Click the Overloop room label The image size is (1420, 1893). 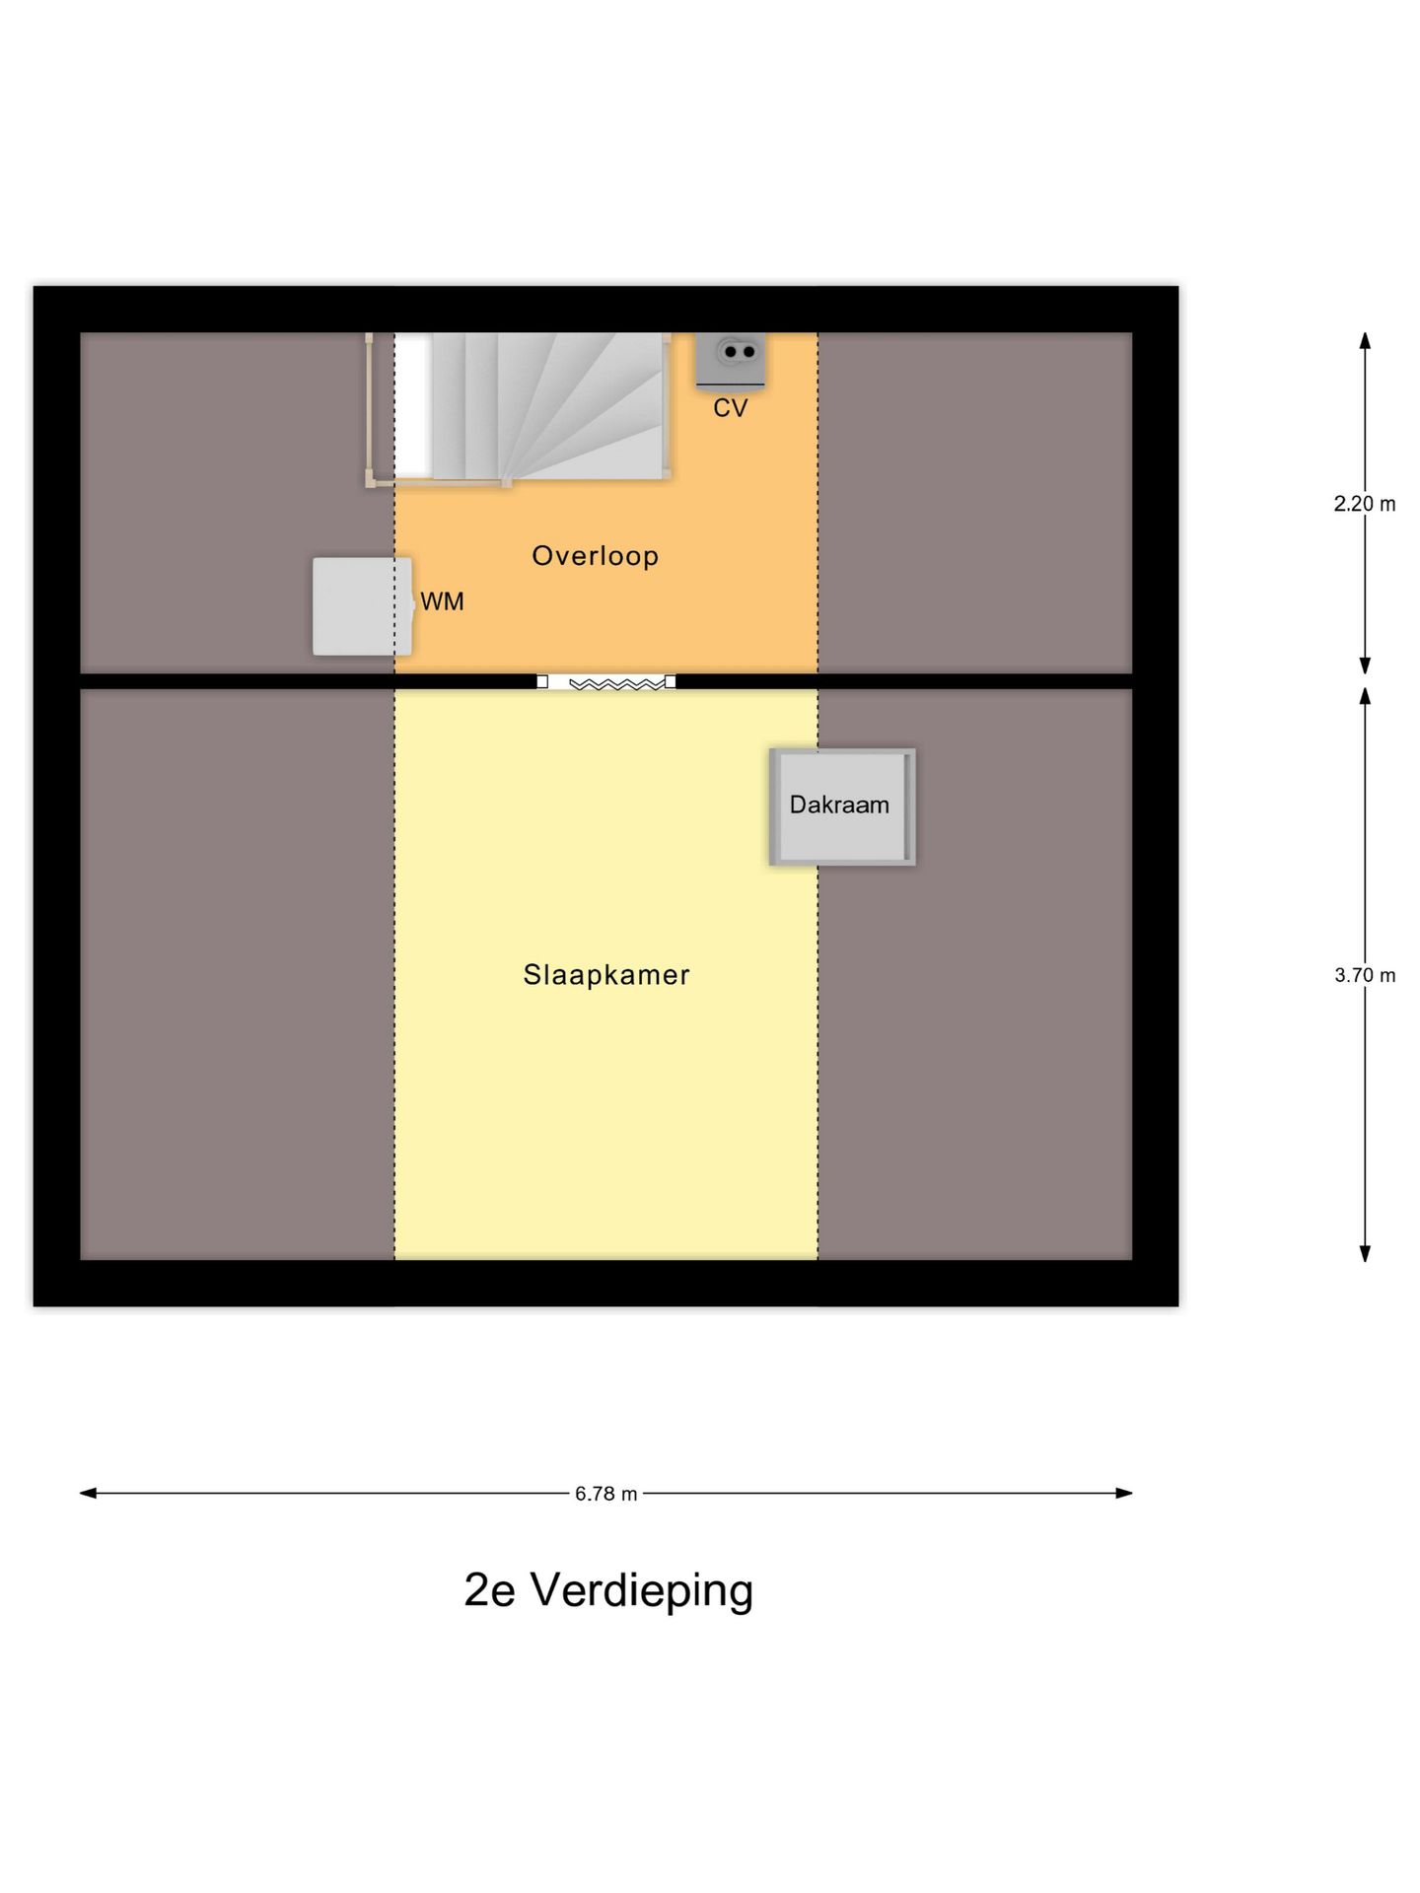pos(595,556)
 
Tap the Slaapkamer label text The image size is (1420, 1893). pos(605,975)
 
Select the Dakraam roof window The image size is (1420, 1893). pos(842,806)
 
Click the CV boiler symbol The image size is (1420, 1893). pos(730,360)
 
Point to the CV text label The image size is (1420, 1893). pos(730,408)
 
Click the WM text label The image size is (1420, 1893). pos(442,601)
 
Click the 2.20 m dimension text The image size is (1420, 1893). pos(1365,504)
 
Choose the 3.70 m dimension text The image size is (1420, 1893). pos(1365,975)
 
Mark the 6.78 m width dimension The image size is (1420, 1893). pos(605,1494)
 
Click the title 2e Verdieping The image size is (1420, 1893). pos(608,1589)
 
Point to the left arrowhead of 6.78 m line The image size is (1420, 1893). pos(88,1493)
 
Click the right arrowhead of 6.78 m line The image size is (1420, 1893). pos(1124,1493)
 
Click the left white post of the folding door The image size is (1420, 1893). pos(542,681)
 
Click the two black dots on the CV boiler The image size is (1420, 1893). pos(739,351)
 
